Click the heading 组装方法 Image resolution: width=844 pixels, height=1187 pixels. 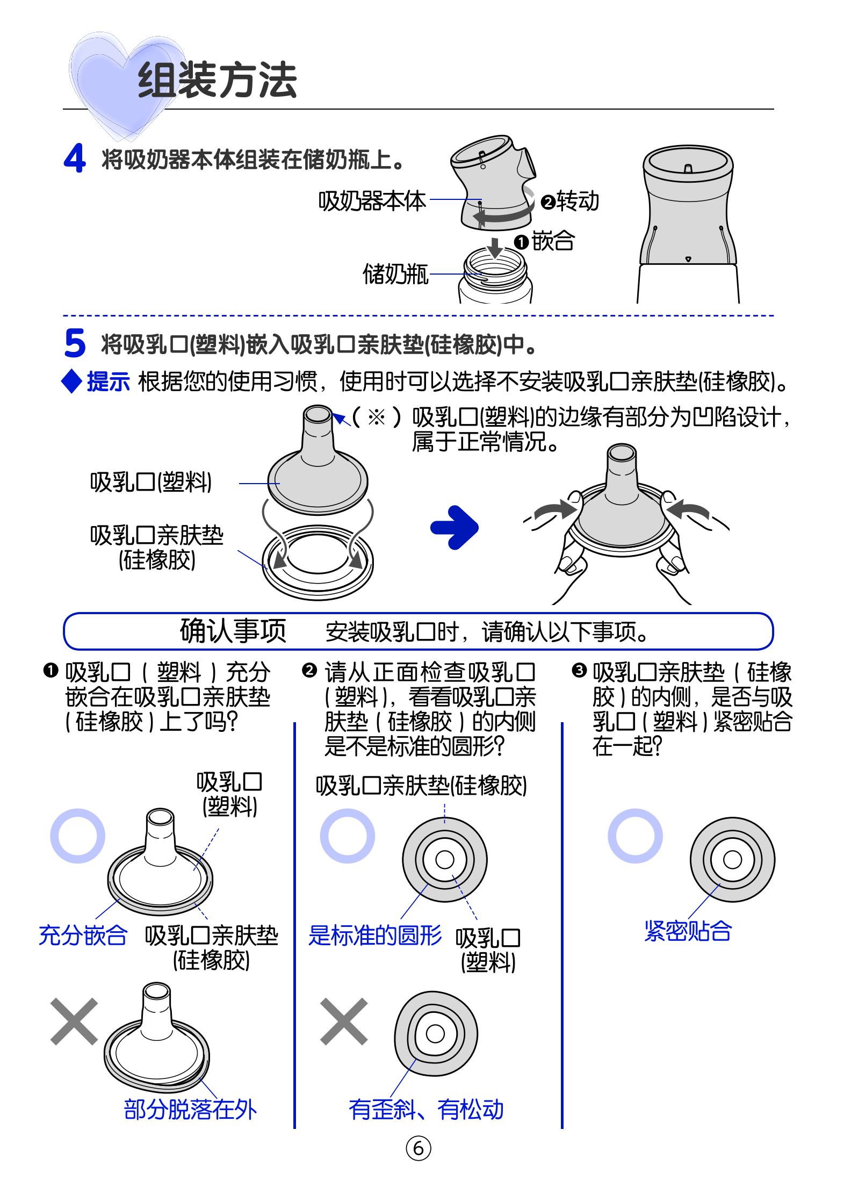[218, 81]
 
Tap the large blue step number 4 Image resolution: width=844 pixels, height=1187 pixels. [75, 160]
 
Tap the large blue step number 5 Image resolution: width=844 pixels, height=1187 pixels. [75, 343]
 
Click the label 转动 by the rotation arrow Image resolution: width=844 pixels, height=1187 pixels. [578, 202]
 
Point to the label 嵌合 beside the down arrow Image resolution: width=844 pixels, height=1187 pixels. [553, 240]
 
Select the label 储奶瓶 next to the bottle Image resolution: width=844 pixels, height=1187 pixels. [396, 274]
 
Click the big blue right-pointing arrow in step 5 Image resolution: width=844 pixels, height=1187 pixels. [454, 528]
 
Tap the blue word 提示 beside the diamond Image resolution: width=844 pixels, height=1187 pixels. [109, 382]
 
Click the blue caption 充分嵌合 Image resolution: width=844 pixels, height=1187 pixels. [83, 935]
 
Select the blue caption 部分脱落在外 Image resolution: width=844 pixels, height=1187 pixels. [191, 1109]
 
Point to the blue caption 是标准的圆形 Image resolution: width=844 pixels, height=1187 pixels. [375, 935]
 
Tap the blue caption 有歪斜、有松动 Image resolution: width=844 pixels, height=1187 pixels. [426, 1109]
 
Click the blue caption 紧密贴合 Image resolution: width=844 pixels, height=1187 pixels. [688, 931]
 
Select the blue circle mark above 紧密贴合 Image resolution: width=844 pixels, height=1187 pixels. [635, 836]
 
